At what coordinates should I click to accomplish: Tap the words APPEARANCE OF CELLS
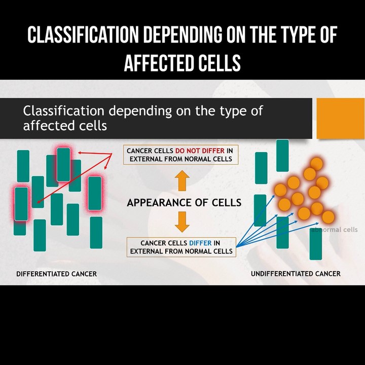[x=184, y=203]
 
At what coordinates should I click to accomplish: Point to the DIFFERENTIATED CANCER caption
[x=56, y=274]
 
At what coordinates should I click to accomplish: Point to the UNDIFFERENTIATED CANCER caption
[x=296, y=274]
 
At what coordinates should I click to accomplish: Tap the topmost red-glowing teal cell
[x=64, y=164]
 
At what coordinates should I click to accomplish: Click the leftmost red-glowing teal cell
[x=21, y=204]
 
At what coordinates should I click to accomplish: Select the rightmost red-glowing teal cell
[x=95, y=193]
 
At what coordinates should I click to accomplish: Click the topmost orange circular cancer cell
[x=316, y=164]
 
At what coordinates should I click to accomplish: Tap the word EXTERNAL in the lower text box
[x=148, y=251]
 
